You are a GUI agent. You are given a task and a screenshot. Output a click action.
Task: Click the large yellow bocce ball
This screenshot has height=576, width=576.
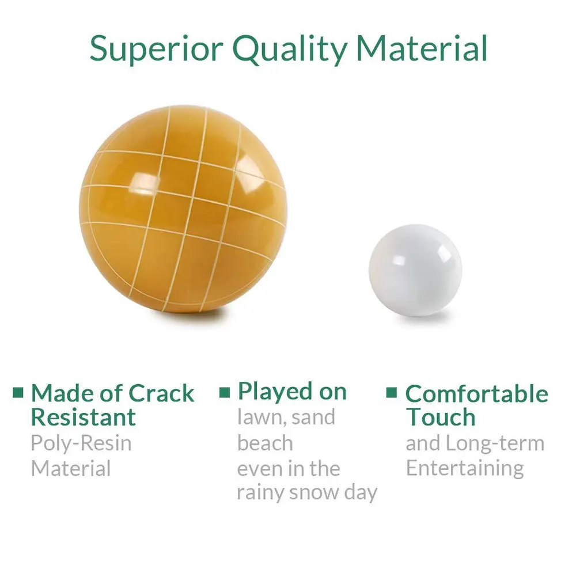[183, 209]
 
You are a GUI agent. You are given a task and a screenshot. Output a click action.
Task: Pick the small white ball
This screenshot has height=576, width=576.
[415, 270]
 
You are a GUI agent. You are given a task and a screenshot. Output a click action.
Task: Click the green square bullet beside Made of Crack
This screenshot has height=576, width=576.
[18, 393]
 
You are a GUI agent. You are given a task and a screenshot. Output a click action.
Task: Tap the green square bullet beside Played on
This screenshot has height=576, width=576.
[225, 393]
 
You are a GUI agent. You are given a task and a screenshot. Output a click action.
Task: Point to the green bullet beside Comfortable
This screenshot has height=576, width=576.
[392, 393]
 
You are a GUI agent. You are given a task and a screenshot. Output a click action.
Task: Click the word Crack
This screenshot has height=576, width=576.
[162, 393]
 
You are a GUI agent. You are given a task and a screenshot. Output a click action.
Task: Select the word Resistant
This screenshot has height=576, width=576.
[84, 417]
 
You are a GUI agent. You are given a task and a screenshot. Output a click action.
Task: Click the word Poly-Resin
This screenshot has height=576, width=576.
[81, 443]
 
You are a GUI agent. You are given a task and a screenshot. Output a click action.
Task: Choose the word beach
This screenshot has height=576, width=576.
[265, 443]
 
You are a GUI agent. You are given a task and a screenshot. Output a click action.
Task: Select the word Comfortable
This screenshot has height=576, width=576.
[477, 394]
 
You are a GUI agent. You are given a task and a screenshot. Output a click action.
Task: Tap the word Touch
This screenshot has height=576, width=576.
[441, 417]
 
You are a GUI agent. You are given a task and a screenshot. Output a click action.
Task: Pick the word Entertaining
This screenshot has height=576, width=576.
[465, 468]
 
